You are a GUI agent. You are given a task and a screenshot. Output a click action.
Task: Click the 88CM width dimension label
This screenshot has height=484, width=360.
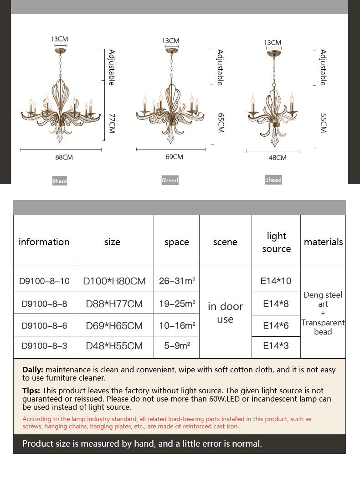(x=64, y=157)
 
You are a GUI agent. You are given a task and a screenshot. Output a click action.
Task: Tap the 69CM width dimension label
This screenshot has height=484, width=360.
(x=174, y=157)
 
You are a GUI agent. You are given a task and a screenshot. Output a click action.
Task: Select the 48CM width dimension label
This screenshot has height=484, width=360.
(x=277, y=158)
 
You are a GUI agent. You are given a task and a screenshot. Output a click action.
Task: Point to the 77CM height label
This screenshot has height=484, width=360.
(x=112, y=124)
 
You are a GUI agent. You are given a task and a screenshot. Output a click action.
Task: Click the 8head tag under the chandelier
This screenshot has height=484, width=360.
(x=60, y=181)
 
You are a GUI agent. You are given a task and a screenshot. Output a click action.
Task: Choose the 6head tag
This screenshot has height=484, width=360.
(x=170, y=180)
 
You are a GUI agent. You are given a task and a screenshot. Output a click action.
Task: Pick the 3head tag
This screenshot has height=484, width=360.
(x=273, y=180)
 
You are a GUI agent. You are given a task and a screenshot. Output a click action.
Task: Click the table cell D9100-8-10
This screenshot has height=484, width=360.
(x=44, y=281)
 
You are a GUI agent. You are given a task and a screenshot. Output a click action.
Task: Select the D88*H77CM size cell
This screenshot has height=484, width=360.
(x=114, y=304)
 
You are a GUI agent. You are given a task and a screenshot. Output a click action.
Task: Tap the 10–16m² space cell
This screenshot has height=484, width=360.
(x=177, y=325)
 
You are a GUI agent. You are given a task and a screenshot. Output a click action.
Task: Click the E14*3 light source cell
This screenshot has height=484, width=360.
(x=276, y=345)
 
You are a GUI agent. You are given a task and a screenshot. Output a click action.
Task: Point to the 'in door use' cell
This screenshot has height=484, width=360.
(x=225, y=313)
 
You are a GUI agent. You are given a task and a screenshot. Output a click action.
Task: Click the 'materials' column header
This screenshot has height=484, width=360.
(x=323, y=242)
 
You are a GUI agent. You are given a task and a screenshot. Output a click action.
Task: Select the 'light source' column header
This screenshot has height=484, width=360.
(x=276, y=242)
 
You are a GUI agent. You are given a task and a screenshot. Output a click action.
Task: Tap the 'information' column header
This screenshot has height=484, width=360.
(x=44, y=242)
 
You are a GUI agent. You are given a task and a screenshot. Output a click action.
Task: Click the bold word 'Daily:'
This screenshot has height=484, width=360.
(x=33, y=370)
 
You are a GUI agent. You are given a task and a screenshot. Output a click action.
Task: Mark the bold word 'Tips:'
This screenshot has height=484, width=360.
(x=31, y=391)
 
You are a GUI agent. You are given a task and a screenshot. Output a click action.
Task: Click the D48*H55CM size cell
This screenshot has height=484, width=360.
(x=114, y=346)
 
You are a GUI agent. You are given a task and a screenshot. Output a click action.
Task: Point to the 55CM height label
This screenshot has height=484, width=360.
(x=323, y=123)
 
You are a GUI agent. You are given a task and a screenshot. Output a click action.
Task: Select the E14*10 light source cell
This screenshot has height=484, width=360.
(x=276, y=281)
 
